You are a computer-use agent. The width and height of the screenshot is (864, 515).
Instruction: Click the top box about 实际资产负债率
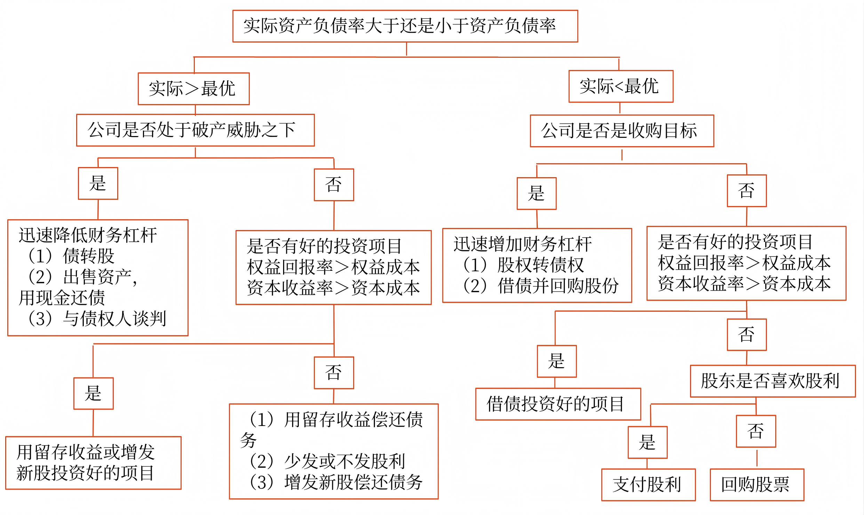tap(405, 26)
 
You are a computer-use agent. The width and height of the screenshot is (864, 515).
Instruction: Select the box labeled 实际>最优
tap(194, 89)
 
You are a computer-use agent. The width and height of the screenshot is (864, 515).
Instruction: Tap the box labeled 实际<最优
tap(621, 86)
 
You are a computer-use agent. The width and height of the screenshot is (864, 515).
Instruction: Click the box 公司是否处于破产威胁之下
tap(195, 130)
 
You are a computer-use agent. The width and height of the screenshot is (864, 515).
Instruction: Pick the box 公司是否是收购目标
tap(622, 131)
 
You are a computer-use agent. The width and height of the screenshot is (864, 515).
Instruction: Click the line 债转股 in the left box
tap(89, 256)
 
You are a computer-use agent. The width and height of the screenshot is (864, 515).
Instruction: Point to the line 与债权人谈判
tap(114, 318)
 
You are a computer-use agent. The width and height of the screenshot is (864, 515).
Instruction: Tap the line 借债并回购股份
tap(558, 286)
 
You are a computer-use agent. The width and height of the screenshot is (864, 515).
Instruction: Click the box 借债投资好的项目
tap(558, 404)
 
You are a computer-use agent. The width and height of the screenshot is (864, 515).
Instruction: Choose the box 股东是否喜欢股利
tap(772, 381)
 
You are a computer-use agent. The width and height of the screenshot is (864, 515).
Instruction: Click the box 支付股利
tap(648, 485)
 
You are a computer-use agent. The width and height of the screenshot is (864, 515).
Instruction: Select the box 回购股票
tap(757, 485)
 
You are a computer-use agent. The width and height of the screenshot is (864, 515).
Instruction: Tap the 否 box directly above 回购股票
tap(755, 431)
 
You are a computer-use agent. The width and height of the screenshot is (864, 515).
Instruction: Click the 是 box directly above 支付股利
tap(647, 442)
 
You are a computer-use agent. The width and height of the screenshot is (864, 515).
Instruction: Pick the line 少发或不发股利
tap(344, 461)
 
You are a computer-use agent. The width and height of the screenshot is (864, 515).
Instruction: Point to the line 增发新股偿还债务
tap(353, 482)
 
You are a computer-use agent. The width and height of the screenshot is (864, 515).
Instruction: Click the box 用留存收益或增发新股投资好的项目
tap(93, 463)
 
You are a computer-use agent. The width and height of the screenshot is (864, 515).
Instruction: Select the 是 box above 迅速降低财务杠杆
tap(98, 183)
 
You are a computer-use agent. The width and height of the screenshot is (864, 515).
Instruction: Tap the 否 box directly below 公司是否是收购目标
tap(746, 191)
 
